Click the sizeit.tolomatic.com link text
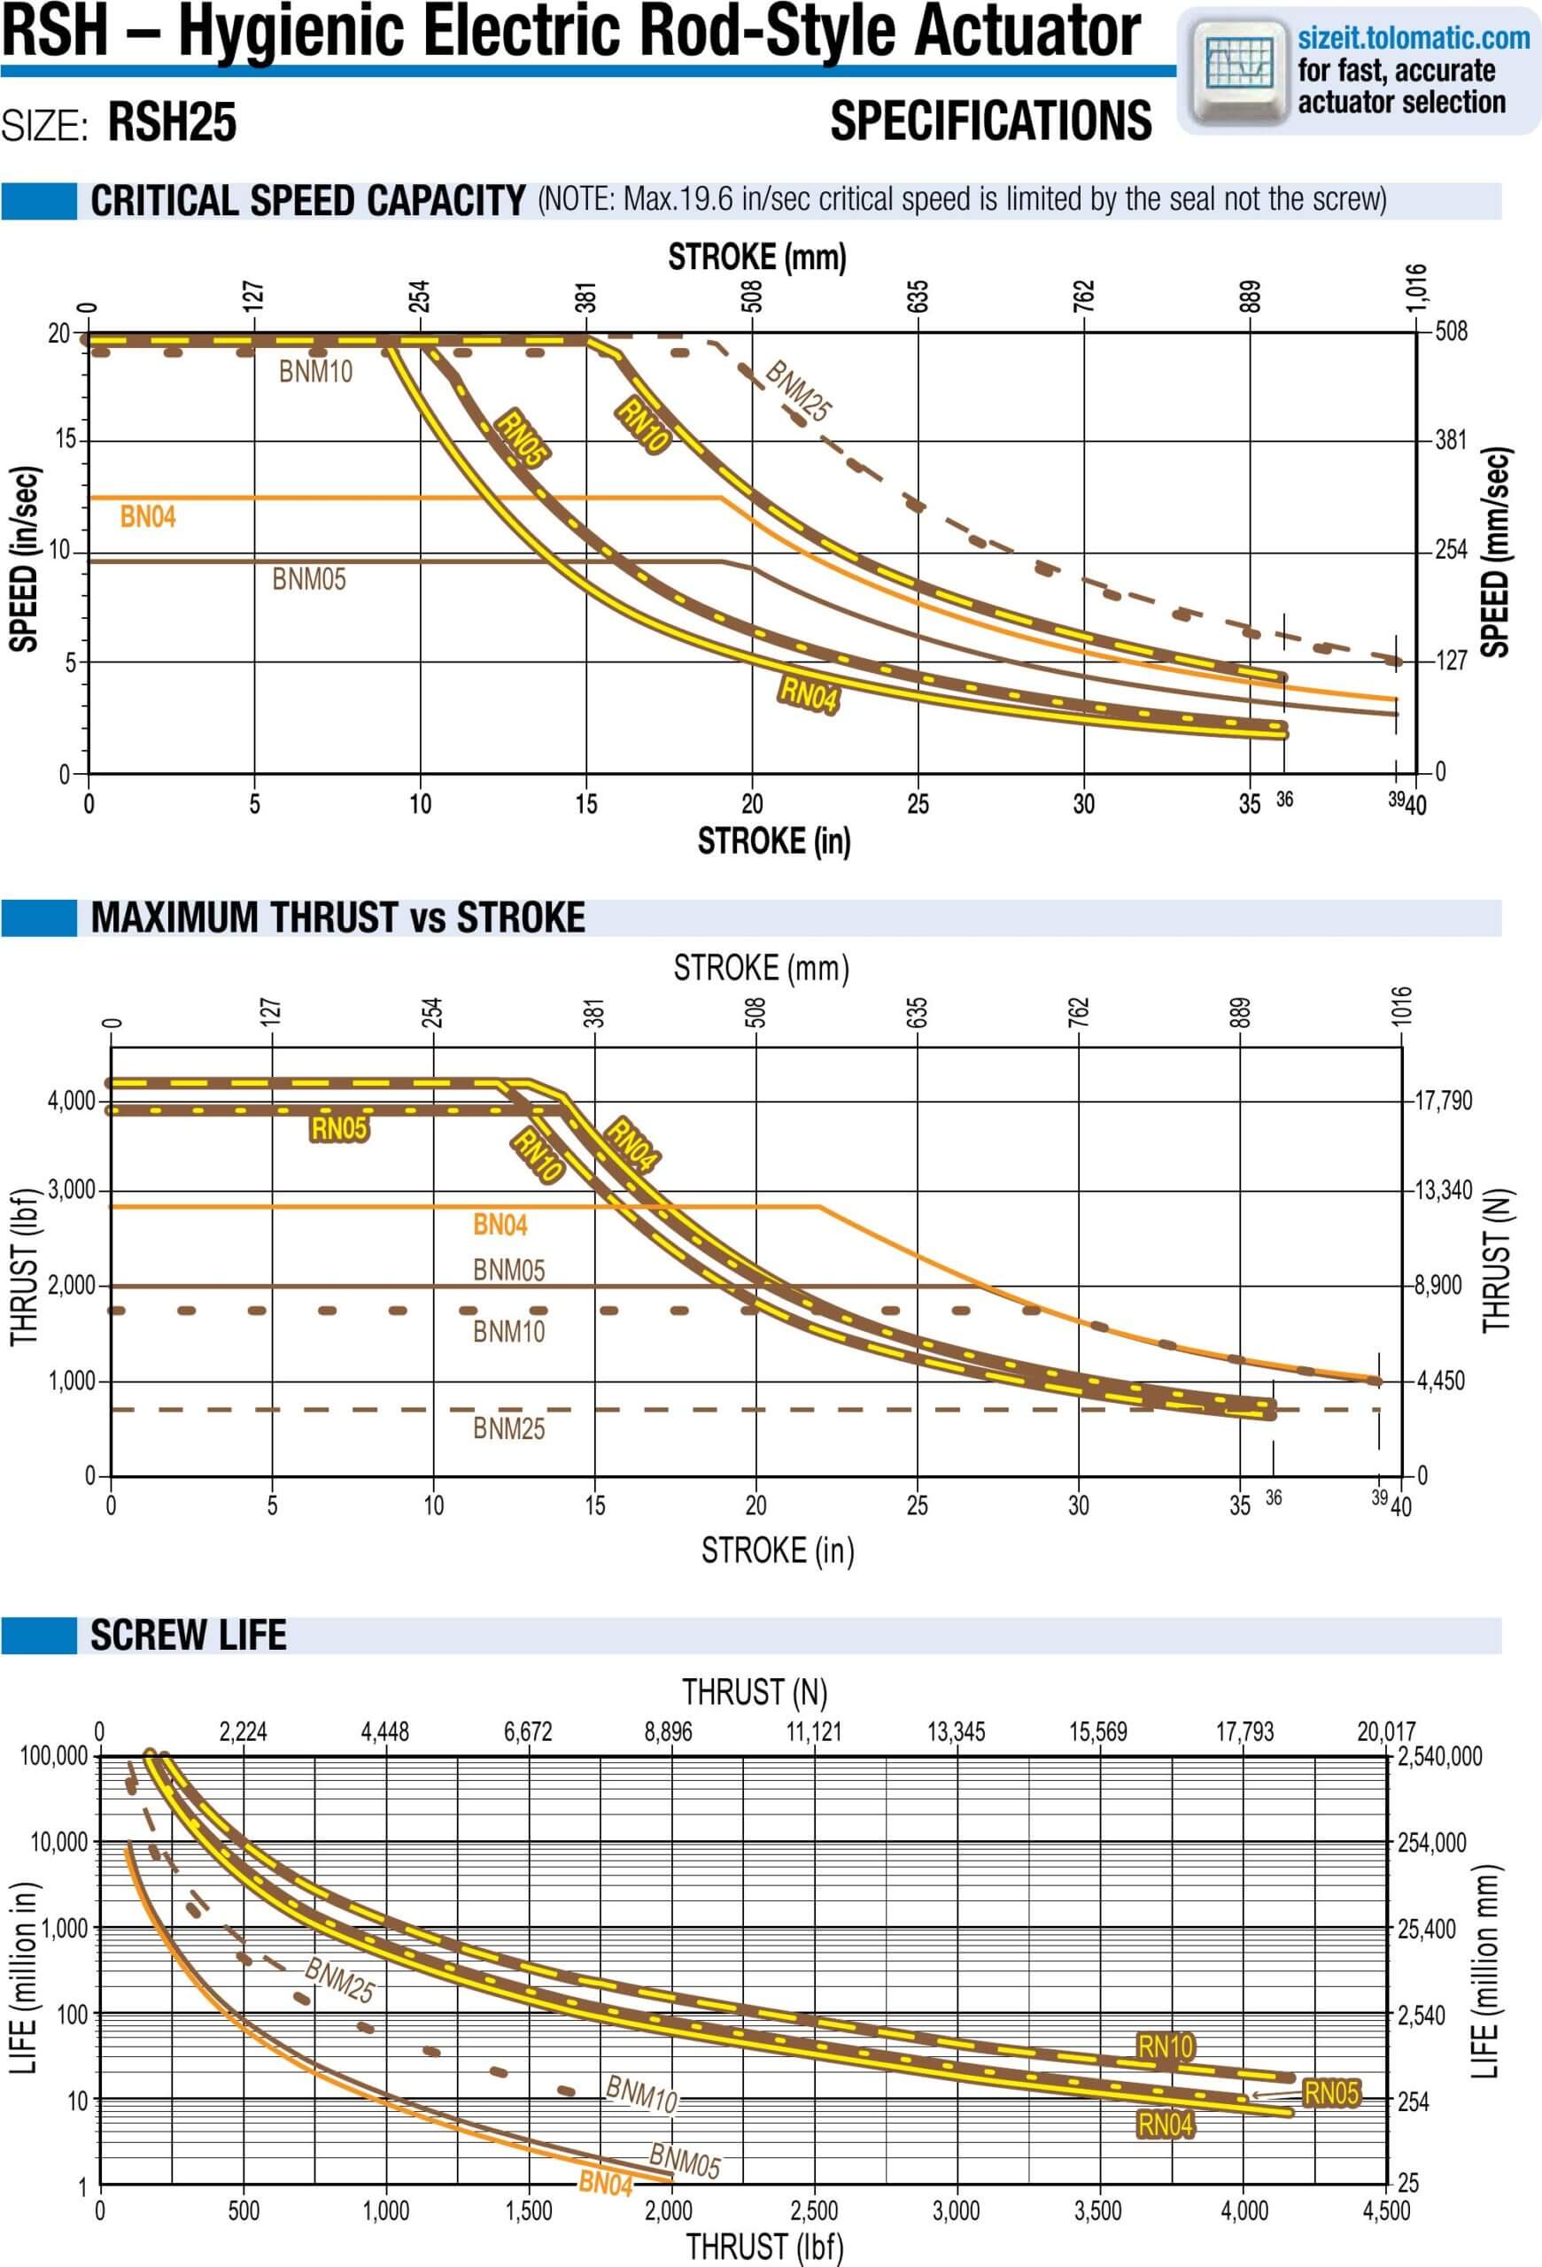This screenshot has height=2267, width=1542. click(1413, 38)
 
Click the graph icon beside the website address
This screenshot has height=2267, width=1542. click(1239, 66)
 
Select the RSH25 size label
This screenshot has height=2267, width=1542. click(172, 124)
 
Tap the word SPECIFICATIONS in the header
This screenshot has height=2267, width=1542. click(990, 121)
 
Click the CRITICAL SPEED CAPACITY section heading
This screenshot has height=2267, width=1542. click(307, 201)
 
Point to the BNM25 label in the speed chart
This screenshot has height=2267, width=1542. click(798, 391)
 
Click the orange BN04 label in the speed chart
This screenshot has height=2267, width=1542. click(147, 517)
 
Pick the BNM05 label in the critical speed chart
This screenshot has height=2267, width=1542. click(308, 579)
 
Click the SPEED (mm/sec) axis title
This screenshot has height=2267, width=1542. click(1495, 552)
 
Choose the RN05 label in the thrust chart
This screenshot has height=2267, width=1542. click(338, 1128)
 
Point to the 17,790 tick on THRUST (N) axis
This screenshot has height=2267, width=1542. click(1443, 1101)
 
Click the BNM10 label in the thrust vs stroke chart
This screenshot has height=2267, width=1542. click(508, 1332)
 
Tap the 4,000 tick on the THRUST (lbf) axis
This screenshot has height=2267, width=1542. click(71, 1102)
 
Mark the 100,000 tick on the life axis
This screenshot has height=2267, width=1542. click(54, 1756)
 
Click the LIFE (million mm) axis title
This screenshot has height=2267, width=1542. click(1485, 1972)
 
